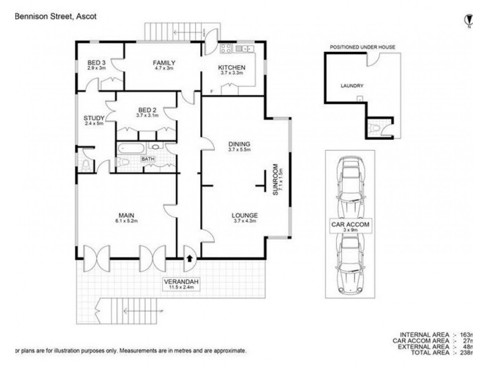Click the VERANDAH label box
(180, 284)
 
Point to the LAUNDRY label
(352, 86)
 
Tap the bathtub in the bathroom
(131, 148)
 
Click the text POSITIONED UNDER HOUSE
(362, 47)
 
